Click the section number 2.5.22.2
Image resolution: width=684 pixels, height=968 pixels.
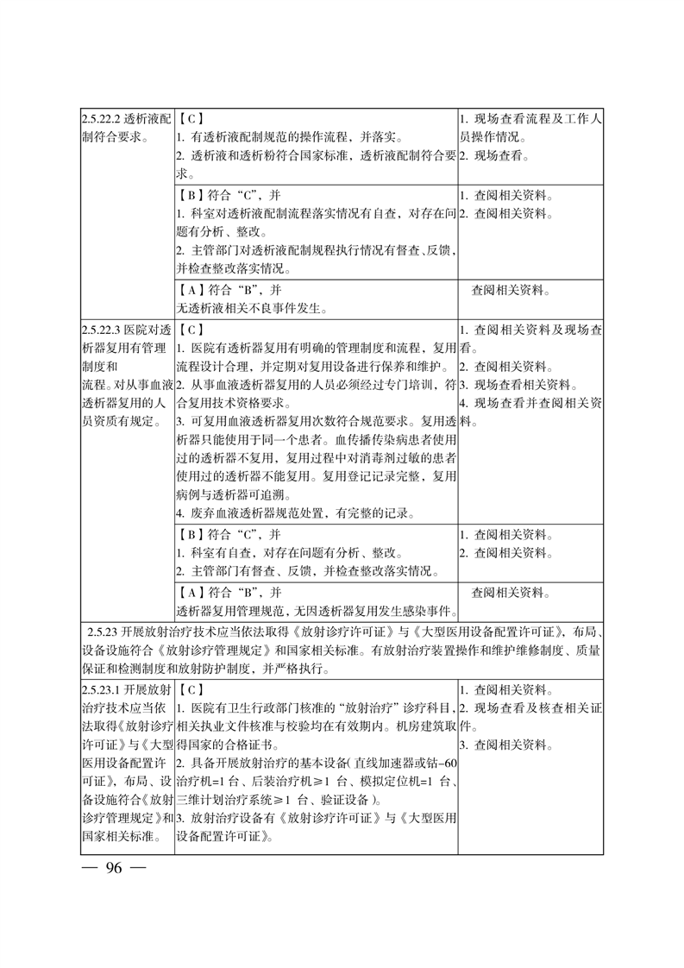pos(100,118)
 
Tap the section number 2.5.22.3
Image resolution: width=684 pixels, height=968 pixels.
pos(100,330)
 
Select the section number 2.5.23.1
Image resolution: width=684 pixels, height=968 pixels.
pos(100,690)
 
